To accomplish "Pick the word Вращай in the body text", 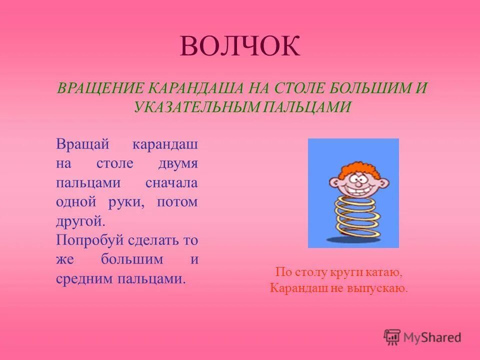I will (82, 144).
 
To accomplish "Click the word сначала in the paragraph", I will (171, 182).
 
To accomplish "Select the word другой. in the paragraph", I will (80, 220).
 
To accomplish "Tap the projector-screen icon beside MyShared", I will (392, 337).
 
